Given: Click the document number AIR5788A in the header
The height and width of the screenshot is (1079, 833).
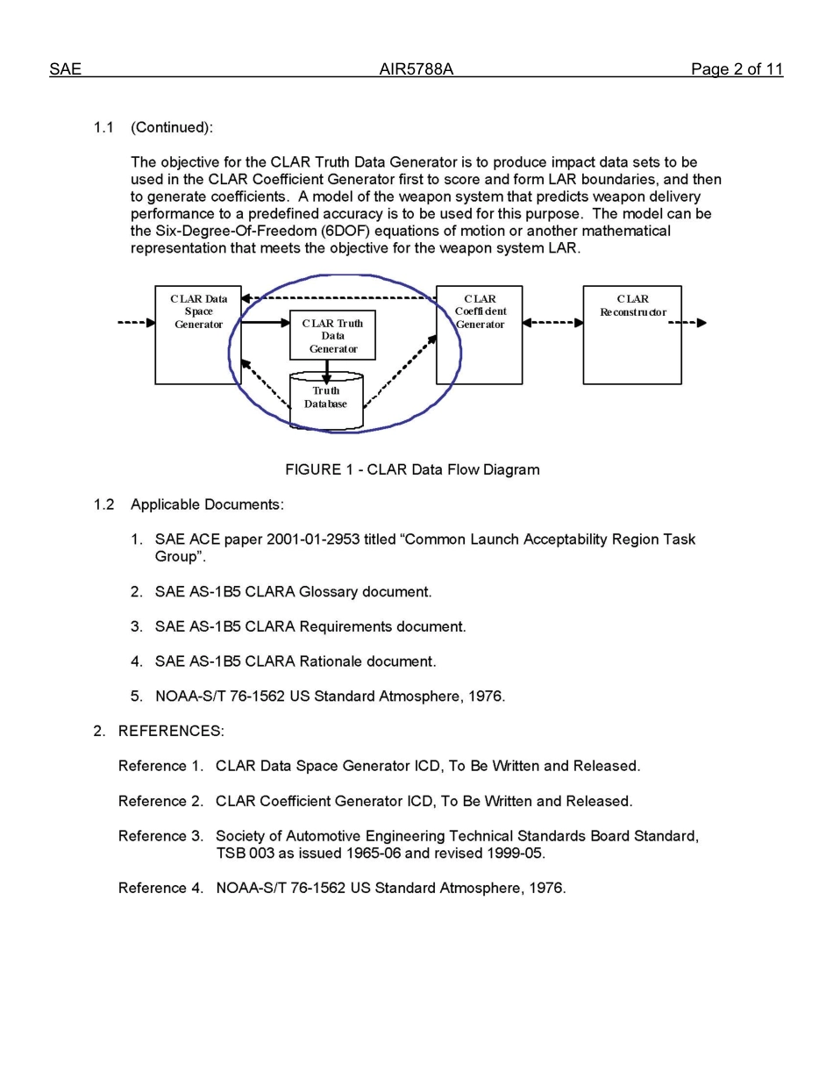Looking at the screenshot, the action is coord(416,69).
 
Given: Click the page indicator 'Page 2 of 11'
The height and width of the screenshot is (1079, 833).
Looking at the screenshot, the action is coord(736,69).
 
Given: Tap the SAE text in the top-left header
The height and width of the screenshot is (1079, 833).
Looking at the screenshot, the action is coord(65,69).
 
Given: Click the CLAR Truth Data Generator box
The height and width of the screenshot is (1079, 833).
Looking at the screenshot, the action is coord(332,335).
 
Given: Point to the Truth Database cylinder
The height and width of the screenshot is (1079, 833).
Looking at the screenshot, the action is coord(326,402).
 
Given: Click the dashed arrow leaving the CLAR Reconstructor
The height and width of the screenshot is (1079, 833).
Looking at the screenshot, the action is coord(688,323).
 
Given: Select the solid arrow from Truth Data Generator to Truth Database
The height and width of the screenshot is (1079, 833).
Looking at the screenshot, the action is coord(326,370).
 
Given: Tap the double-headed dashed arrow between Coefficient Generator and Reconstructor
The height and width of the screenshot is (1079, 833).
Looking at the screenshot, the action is coord(552,323).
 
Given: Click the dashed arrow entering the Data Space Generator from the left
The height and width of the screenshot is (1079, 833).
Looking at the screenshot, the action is coord(137,323).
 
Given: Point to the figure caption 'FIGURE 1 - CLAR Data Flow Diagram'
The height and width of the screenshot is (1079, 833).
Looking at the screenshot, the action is coord(412,469).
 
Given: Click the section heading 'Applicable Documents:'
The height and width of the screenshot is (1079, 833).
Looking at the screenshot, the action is coord(207,504).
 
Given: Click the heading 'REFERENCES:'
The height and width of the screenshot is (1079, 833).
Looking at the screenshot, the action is coord(171,731).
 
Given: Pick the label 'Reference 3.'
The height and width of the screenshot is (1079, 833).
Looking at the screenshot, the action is coord(160,836).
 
